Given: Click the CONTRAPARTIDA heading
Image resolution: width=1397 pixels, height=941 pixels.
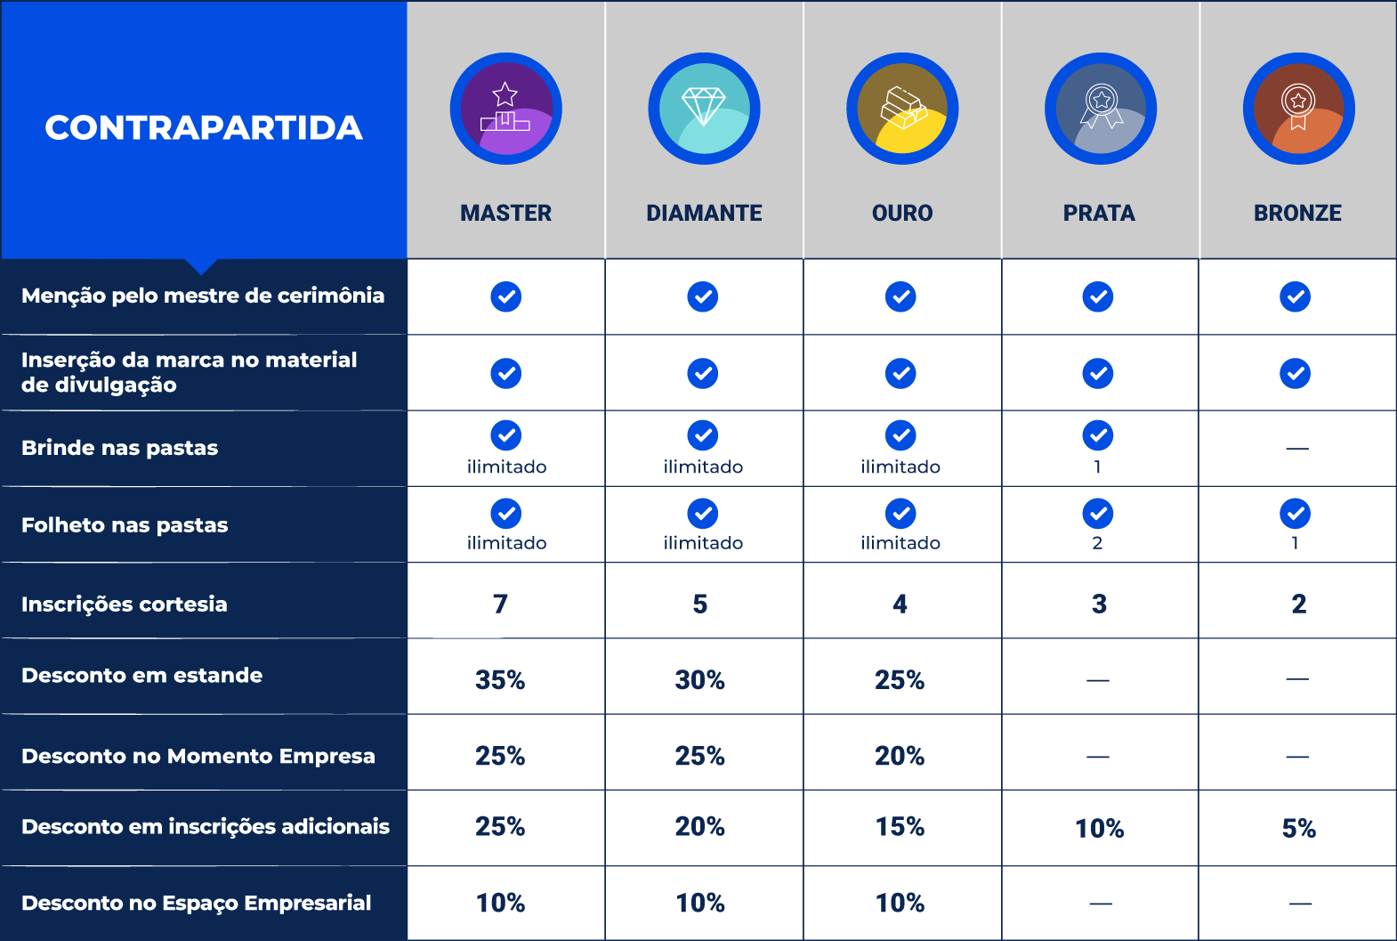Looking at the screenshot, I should (x=204, y=127).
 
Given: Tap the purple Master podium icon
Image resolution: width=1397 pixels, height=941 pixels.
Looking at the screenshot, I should (x=505, y=109).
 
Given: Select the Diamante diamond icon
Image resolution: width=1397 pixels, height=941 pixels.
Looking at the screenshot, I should (x=704, y=109).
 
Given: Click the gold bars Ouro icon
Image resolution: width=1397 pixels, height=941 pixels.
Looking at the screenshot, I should (x=902, y=109).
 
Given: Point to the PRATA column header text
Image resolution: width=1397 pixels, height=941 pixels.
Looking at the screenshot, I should (x=1099, y=213).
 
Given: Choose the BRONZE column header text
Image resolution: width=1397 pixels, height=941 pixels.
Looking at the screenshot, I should (x=1297, y=213).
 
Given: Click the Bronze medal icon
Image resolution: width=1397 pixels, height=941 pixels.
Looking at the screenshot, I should (x=1298, y=109).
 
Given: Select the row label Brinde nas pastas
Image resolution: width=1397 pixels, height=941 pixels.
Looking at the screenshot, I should (x=119, y=448).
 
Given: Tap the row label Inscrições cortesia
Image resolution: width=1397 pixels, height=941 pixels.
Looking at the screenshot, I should (x=125, y=604).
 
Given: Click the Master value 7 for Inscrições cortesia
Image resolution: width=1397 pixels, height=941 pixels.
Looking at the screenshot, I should (x=500, y=604).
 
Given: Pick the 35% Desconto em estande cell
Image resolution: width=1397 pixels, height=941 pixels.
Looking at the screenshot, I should (x=500, y=680).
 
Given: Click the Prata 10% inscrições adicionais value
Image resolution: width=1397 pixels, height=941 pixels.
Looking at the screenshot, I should (x=1099, y=829).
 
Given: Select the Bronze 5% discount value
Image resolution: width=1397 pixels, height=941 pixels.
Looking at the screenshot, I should (x=1298, y=829).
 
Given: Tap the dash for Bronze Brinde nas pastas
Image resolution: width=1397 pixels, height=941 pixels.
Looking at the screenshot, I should (x=1297, y=449).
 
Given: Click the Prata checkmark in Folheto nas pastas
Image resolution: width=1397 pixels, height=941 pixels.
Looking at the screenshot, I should (x=1098, y=514).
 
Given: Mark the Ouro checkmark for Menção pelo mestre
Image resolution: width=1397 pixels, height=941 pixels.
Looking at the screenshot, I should (x=900, y=296).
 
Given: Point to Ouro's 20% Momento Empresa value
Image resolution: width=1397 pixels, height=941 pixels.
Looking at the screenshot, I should (x=900, y=756).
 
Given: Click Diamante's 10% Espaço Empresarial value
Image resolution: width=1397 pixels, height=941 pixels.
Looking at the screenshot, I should (x=700, y=903).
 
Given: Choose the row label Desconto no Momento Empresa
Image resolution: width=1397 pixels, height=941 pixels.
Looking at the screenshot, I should (x=198, y=756).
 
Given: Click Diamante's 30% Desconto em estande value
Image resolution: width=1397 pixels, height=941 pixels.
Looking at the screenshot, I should (x=700, y=680).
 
